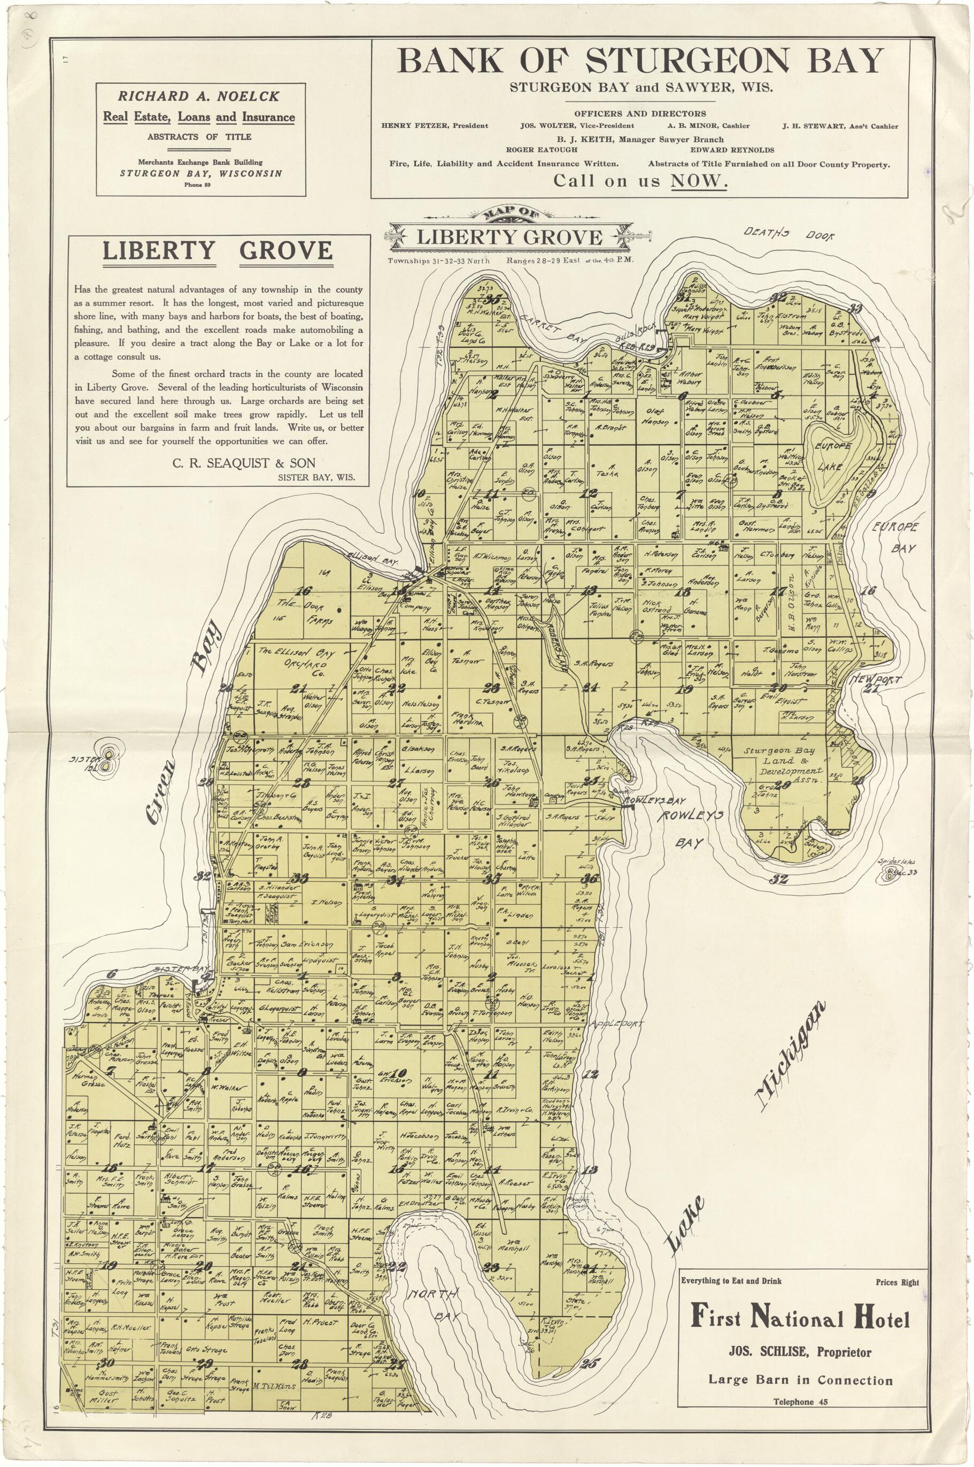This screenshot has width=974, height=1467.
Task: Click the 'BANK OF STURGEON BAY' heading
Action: pos(640,61)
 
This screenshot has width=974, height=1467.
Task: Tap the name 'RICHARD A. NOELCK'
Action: pos(199,96)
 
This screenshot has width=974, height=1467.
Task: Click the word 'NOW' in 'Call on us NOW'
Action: pos(698,181)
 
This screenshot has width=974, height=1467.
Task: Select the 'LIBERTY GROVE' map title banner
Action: pos(509,237)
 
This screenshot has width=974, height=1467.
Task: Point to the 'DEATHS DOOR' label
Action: pos(789,234)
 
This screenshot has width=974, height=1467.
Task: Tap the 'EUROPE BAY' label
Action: pos(895,537)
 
